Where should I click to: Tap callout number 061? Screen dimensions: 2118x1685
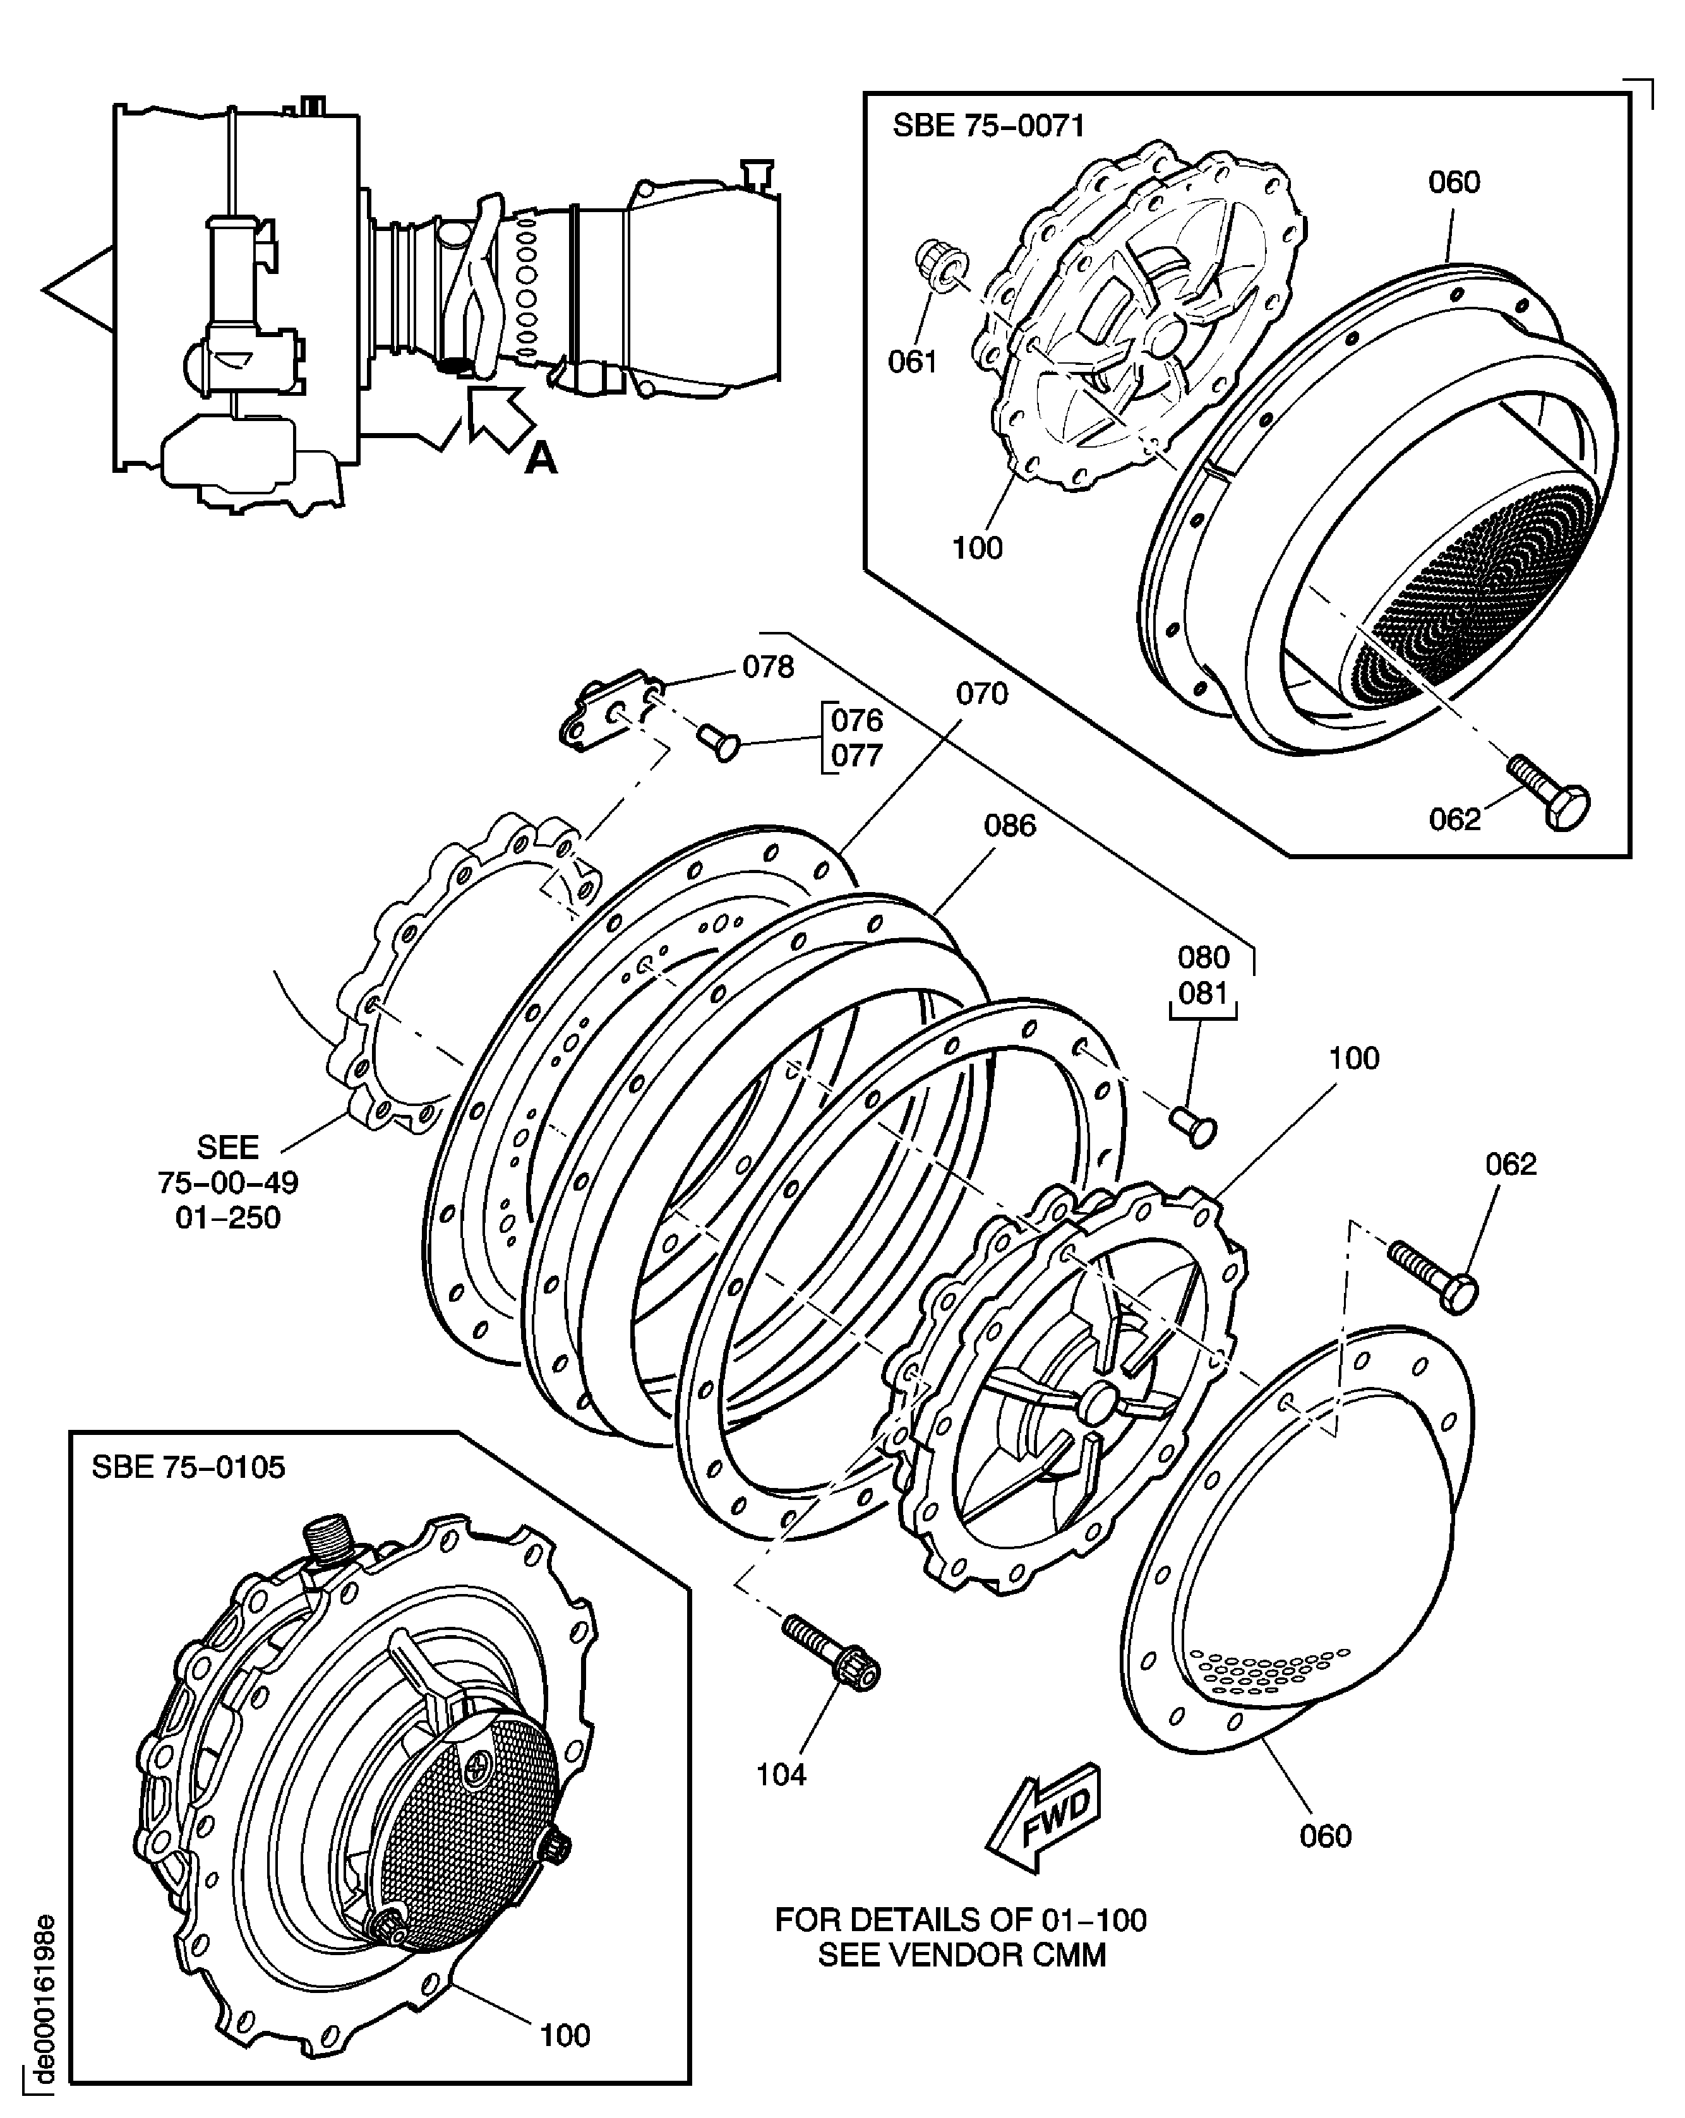pyautogui.click(x=912, y=362)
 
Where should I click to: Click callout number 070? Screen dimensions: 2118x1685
pyautogui.click(x=981, y=694)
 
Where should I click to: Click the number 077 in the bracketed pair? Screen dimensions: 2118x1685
pyautogui.click(x=857, y=756)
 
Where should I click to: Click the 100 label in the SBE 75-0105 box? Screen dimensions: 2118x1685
pyautogui.click(x=565, y=2035)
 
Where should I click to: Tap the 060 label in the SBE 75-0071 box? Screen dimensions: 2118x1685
pyautogui.click(x=1453, y=182)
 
